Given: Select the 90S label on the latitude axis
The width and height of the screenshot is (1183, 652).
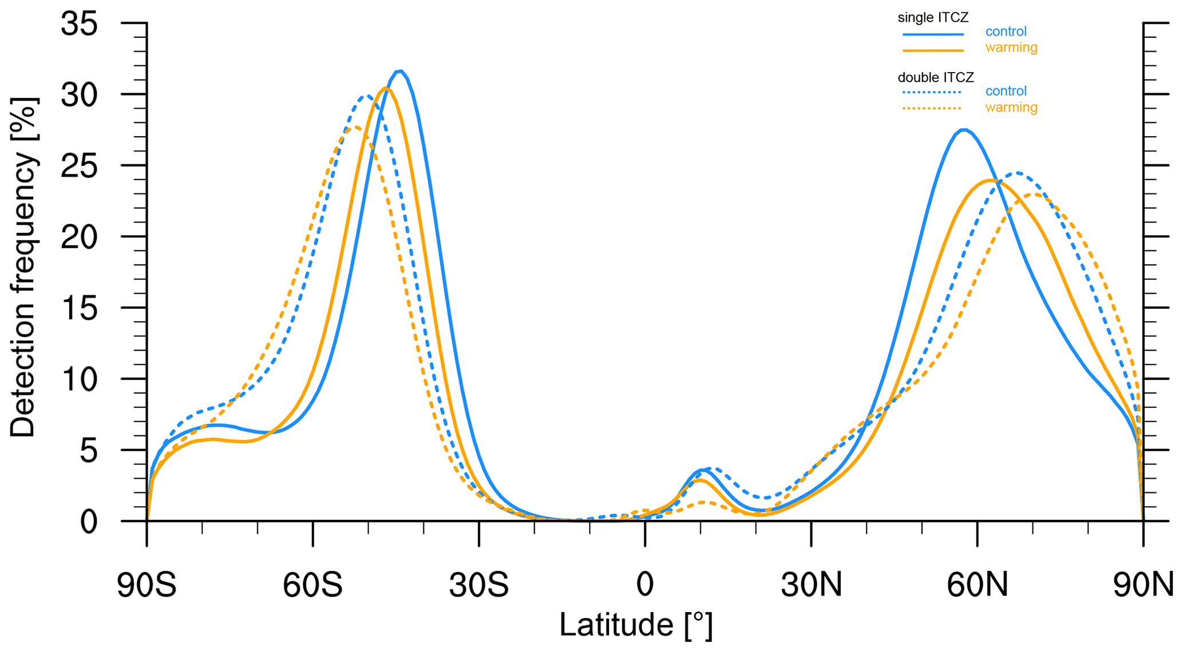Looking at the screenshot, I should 147,586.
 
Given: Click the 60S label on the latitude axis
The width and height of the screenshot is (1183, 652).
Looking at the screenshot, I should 312,586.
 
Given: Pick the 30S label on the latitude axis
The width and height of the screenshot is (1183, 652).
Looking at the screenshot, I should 478,586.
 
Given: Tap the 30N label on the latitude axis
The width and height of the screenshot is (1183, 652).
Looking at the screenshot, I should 811,586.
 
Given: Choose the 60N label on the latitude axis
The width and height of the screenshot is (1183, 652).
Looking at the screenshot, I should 977,586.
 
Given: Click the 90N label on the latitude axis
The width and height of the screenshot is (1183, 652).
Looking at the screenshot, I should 1143,586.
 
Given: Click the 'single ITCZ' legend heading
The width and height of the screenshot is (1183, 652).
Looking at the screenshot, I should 933,18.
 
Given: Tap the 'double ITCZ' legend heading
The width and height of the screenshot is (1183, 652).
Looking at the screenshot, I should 936,77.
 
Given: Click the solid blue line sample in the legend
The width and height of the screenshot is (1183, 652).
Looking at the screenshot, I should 933,34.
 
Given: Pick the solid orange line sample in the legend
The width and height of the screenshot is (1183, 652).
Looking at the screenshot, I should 933,50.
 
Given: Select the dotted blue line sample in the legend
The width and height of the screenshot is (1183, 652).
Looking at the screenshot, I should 931,92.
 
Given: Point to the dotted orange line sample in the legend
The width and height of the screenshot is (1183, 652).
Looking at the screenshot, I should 931,108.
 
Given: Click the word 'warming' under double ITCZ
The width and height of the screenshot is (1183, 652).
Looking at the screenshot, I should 1011,108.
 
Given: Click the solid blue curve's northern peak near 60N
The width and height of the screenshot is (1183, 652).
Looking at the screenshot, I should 964,130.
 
